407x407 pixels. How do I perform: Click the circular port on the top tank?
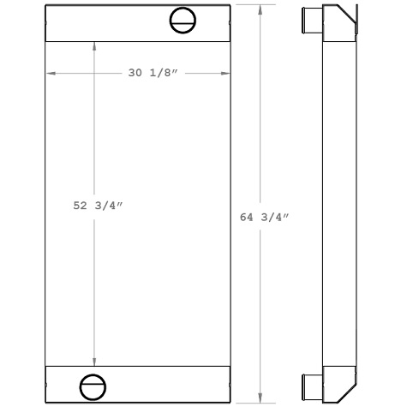tap(183, 20)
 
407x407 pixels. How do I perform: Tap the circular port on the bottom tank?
tap(92, 386)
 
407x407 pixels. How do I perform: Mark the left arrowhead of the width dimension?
tap(50, 74)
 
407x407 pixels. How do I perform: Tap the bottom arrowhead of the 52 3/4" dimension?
tap(94, 361)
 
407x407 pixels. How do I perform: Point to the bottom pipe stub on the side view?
tap(309, 382)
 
